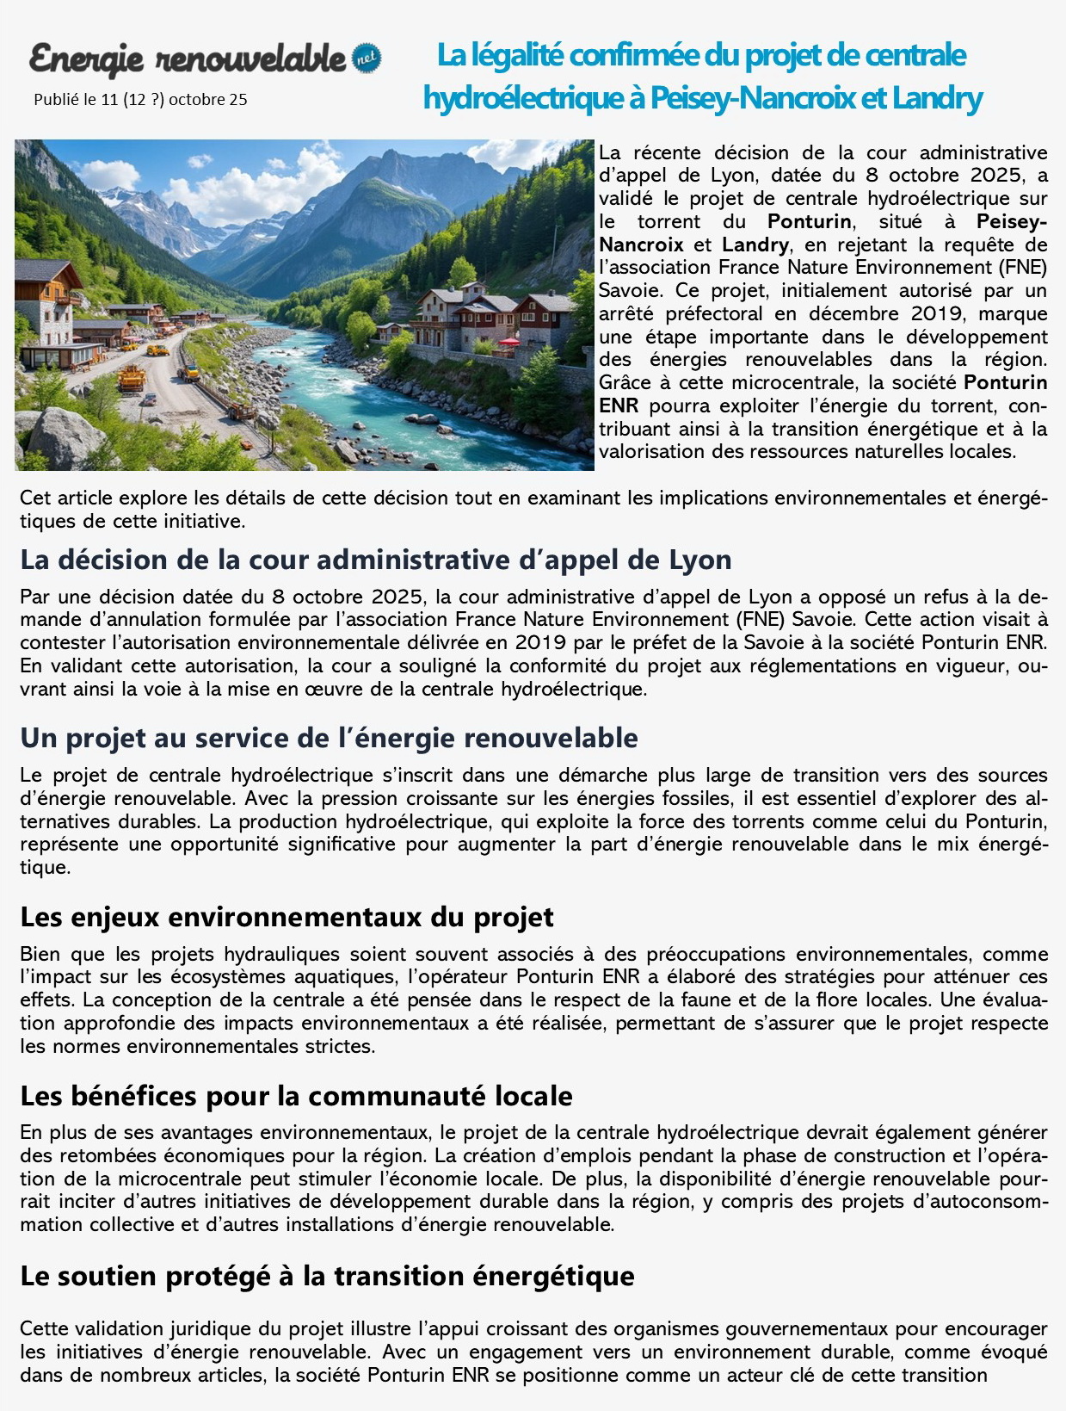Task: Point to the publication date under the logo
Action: (x=140, y=100)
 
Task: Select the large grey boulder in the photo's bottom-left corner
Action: (x=65, y=436)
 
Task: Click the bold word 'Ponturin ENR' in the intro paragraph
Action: (x=1005, y=382)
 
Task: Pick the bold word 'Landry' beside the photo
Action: (x=755, y=244)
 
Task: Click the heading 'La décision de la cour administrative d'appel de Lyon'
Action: (x=375, y=560)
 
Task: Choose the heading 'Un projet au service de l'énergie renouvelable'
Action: (x=329, y=739)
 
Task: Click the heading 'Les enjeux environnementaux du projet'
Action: (x=287, y=918)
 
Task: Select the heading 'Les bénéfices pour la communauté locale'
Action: (x=296, y=1097)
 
